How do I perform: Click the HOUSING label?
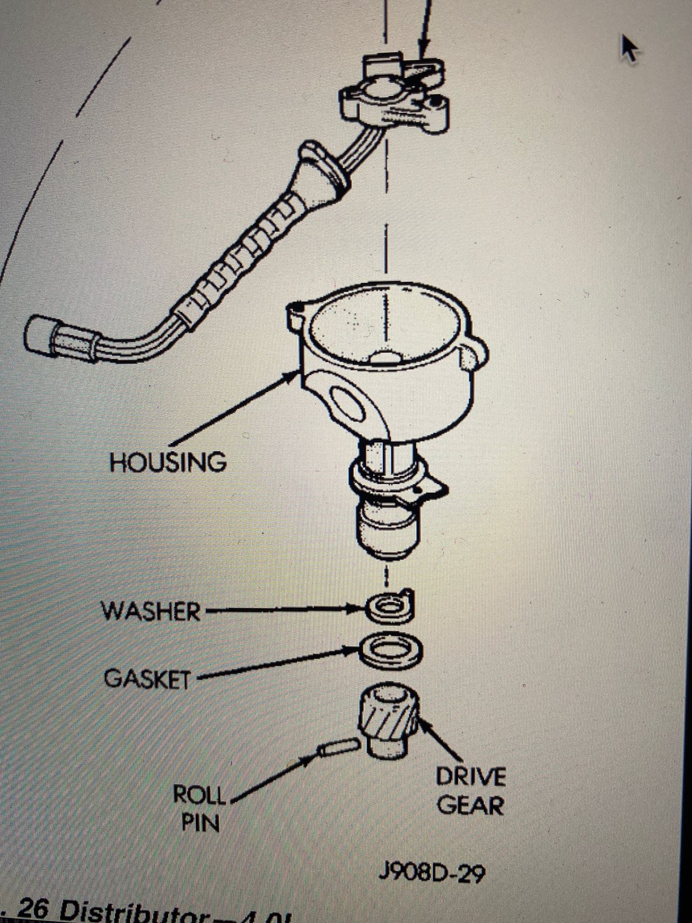[167, 461]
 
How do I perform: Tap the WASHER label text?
[151, 611]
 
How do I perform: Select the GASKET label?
[147, 678]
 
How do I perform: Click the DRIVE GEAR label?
[471, 791]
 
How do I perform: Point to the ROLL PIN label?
[199, 808]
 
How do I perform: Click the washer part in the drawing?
[389, 606]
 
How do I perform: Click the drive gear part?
[387, 718]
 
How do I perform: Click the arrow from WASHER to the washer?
[282, 610]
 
